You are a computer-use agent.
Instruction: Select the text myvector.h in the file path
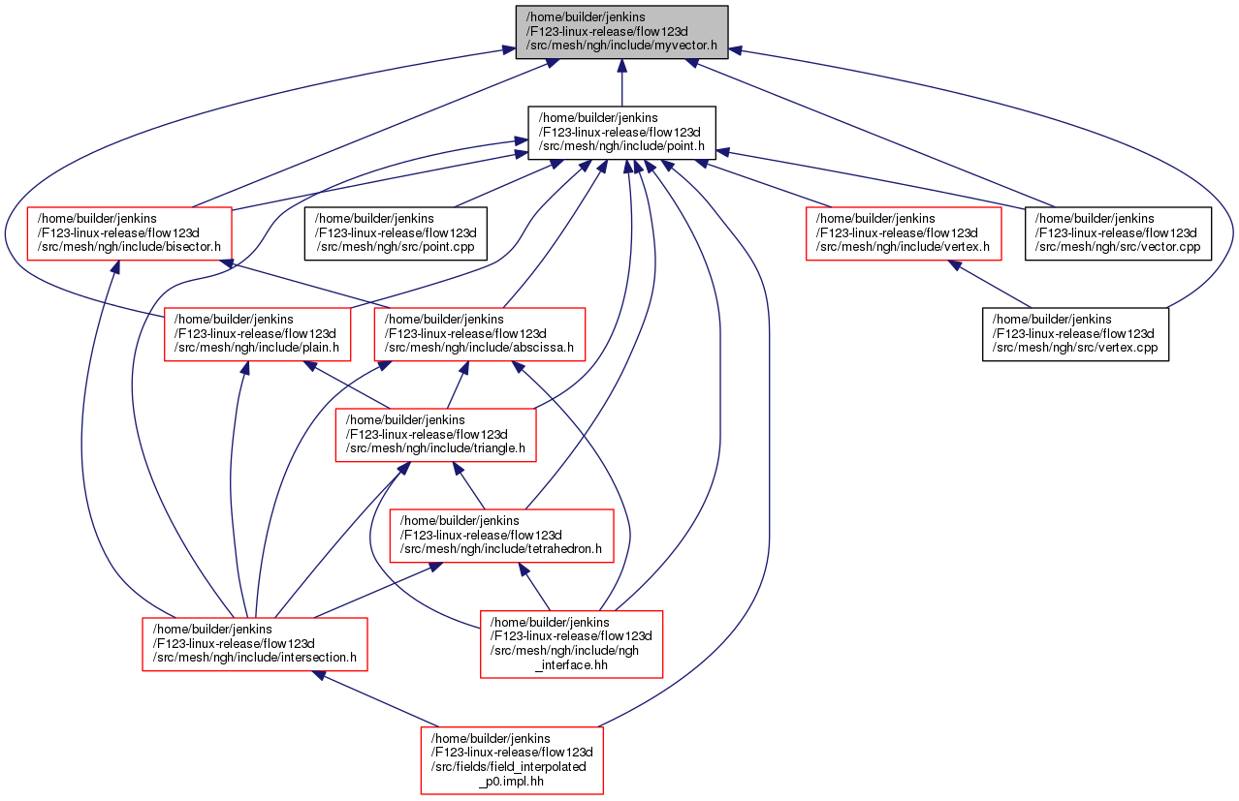tap(684, 46)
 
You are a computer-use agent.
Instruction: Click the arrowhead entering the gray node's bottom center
tap(621, 66)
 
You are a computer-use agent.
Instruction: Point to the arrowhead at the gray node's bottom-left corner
tap(551, 62)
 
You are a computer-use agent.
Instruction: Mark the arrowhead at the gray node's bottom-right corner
tap(690, 62)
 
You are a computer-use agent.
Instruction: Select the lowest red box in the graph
tap(512, 760)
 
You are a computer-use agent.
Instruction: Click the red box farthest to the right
tap(904, 233)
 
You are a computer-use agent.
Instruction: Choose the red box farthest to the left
tap(129, 233)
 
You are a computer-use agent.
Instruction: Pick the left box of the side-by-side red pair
tap(257, 334)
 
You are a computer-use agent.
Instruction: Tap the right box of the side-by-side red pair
tap(480, 334)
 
